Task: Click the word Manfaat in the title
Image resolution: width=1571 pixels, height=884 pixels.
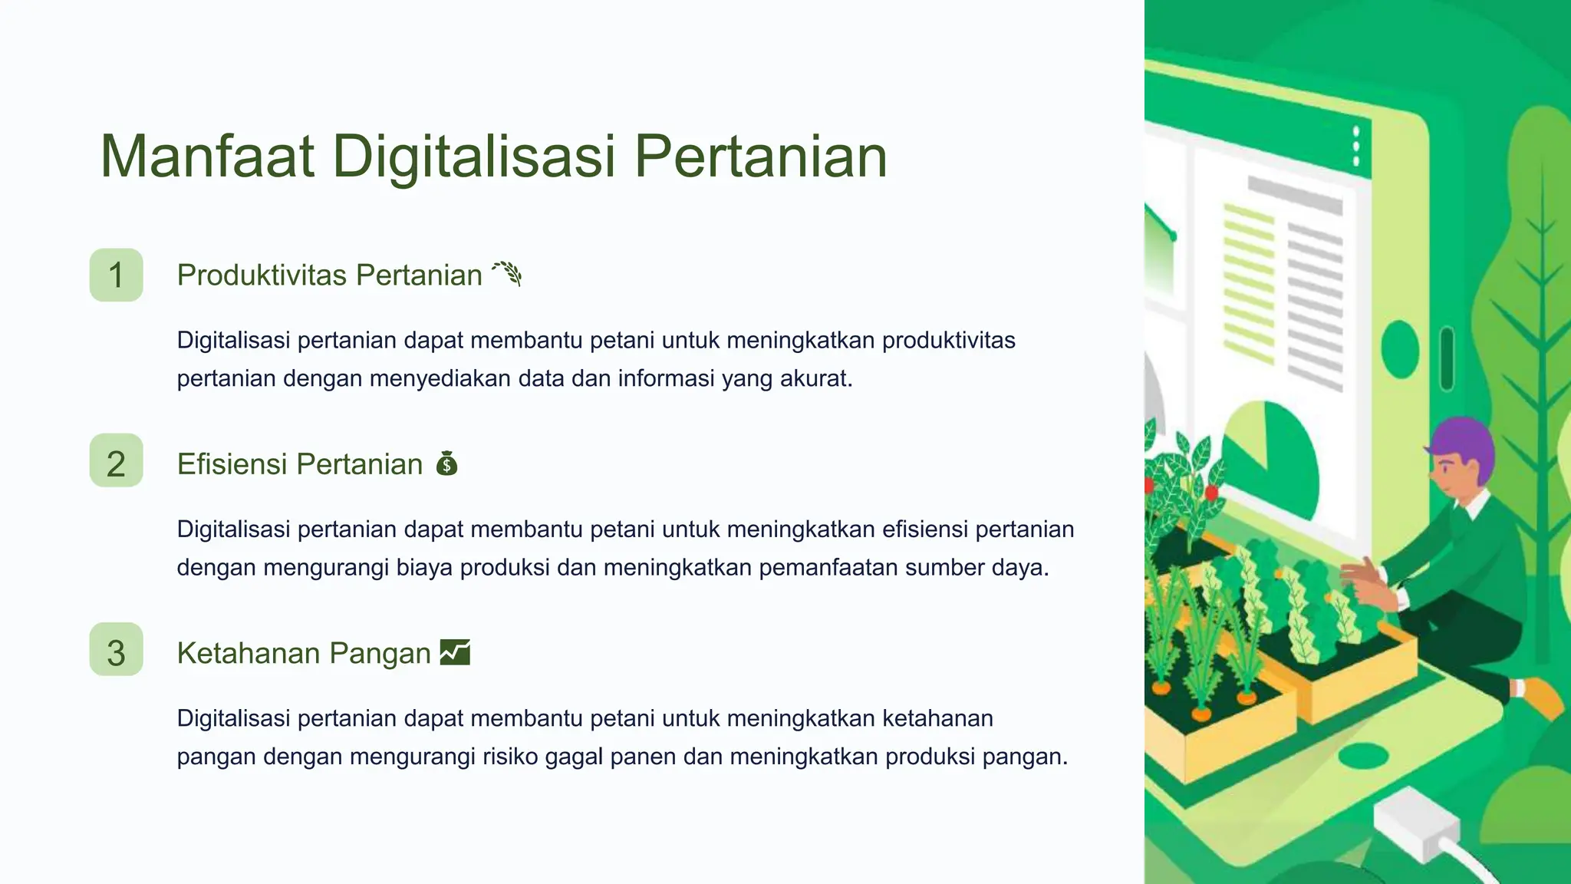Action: [207, 157]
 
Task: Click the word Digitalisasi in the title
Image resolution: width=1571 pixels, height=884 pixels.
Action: [473, 157]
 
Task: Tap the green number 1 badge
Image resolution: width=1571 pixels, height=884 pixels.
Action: [116, 275]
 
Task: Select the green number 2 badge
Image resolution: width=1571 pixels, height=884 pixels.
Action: [116, 463]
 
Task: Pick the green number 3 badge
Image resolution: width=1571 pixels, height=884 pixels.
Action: [116, 652]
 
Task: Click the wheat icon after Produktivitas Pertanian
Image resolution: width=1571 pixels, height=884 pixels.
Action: [507, 273]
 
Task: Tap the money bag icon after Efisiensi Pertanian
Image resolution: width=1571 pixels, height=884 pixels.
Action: [446, 463]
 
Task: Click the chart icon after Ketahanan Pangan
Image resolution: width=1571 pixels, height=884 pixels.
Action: [455, 652]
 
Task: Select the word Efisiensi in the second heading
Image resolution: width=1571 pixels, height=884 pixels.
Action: [232, 463]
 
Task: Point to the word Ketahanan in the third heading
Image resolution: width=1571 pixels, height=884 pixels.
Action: [248, 653]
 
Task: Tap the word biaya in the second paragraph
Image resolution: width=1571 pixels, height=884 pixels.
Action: [424, 568]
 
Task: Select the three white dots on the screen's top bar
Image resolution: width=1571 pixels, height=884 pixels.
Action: [1356, 146]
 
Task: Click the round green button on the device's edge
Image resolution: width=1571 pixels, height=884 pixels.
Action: [1400, 348]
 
